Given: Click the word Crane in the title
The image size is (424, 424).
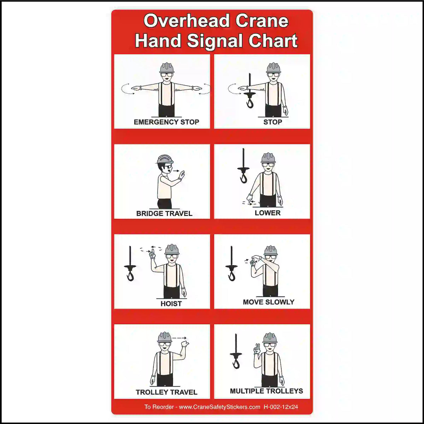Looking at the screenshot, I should click(261, 21).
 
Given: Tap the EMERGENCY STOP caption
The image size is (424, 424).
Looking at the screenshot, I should click(166, 122).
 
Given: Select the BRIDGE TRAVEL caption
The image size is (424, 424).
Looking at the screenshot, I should click(164, 213).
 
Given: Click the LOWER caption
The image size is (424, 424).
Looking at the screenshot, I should click(267, 213).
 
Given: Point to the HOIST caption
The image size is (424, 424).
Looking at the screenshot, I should click(171, 304).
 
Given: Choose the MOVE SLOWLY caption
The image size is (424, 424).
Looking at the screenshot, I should click(269, 302).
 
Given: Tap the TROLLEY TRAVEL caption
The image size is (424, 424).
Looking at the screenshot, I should click(166, 392).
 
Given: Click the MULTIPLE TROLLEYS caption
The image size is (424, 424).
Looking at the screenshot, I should click(266, 391).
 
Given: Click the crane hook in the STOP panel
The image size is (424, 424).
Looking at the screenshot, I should click(250, 102).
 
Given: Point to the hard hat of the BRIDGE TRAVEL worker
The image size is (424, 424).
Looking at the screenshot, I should click(164, 159).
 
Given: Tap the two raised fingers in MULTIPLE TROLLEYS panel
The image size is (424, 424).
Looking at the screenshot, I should click(257, 348).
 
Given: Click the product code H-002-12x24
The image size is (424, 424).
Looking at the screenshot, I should click(281, 407).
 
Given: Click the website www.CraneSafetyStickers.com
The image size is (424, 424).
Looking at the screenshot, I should click(219, 407).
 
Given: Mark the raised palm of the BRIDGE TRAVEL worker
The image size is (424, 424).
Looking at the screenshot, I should click(182, 175).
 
